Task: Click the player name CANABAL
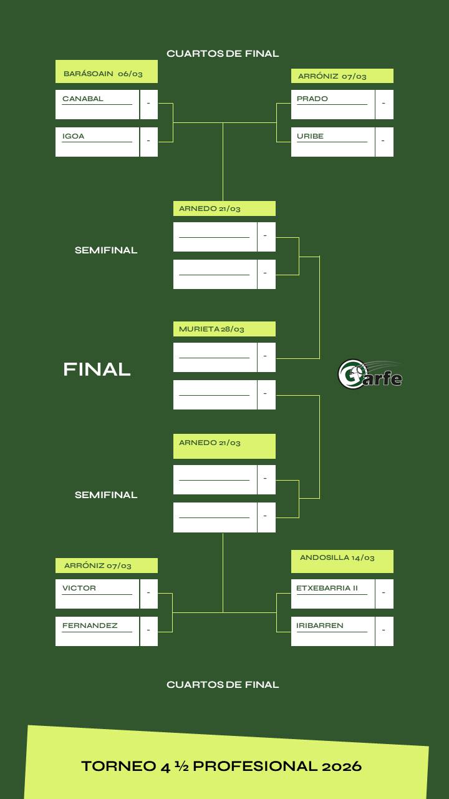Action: [x=83, y=99]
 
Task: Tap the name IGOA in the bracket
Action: [x=73, y=136]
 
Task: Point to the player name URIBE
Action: [x=310, y=136]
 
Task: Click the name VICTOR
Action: [x=79, y=588]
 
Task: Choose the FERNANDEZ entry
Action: [x=90, y=625]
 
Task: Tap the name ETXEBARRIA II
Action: [x=327, y=588]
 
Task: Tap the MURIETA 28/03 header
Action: [x=224, y=329]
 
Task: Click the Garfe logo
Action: [x=370, y=374]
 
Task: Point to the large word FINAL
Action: [x=97, y=370]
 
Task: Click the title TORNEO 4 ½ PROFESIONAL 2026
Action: [x=221, y=766]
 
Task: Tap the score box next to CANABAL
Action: [x=148, y=104]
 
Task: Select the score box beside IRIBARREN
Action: [x=384, y=630]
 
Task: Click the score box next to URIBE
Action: [x=384, y=141]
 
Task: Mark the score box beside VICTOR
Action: [x=148, y=593]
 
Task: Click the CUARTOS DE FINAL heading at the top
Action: [x=223, y=54]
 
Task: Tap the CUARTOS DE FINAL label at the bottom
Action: [x=223, y=685]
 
